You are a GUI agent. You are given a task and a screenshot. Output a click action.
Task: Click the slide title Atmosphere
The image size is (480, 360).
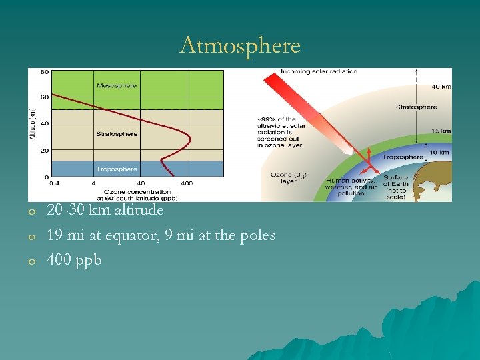(x=240, y=46)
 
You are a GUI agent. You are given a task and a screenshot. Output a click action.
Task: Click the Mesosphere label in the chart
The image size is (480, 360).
(x=117, y=85)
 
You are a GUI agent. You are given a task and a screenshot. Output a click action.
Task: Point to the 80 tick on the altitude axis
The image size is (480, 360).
(x=44, y=71)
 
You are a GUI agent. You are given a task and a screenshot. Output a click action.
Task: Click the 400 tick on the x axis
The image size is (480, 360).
(x=187, y=183)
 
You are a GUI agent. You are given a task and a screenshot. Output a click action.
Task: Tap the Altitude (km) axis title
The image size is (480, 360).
(x=32, y=124)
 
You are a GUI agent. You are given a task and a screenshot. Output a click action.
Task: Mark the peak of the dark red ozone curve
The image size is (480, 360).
(x=190, y=138)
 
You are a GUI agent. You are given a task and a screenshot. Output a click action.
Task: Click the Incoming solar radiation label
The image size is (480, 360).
(x=319, y=71)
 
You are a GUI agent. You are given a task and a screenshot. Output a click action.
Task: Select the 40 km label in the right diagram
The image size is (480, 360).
(x=441, y=86)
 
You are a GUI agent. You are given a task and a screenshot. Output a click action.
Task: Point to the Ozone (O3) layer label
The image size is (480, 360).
(x=289, y=177)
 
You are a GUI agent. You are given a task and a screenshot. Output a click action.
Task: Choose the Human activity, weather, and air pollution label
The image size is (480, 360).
(x=351, y=187)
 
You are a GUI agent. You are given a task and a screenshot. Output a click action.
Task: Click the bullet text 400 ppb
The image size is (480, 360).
(x=74, y=260)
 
